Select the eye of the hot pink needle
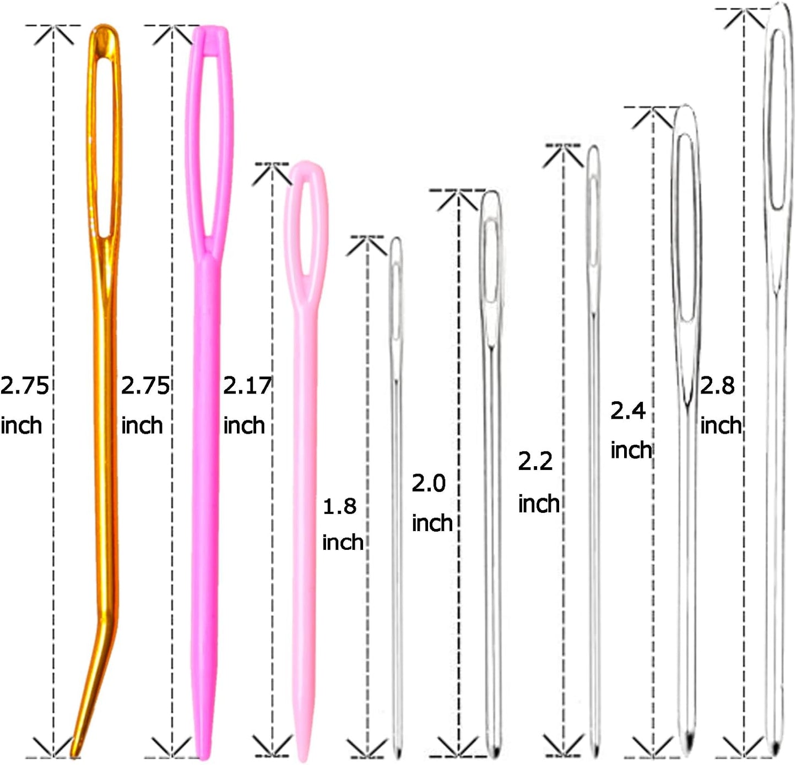pos(209,143)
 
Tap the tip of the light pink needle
pos(302,758)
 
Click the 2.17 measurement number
pos(247,386)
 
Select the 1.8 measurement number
pos(339,506)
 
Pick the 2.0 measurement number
pos(429,483)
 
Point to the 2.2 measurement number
pos(535,461)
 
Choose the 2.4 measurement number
pos(627,411)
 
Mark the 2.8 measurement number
pos(717,386)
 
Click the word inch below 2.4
pos(631,450)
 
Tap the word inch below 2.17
pos(244,425)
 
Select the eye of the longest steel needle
pos(777,118)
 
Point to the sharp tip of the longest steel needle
pos(775,751)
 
